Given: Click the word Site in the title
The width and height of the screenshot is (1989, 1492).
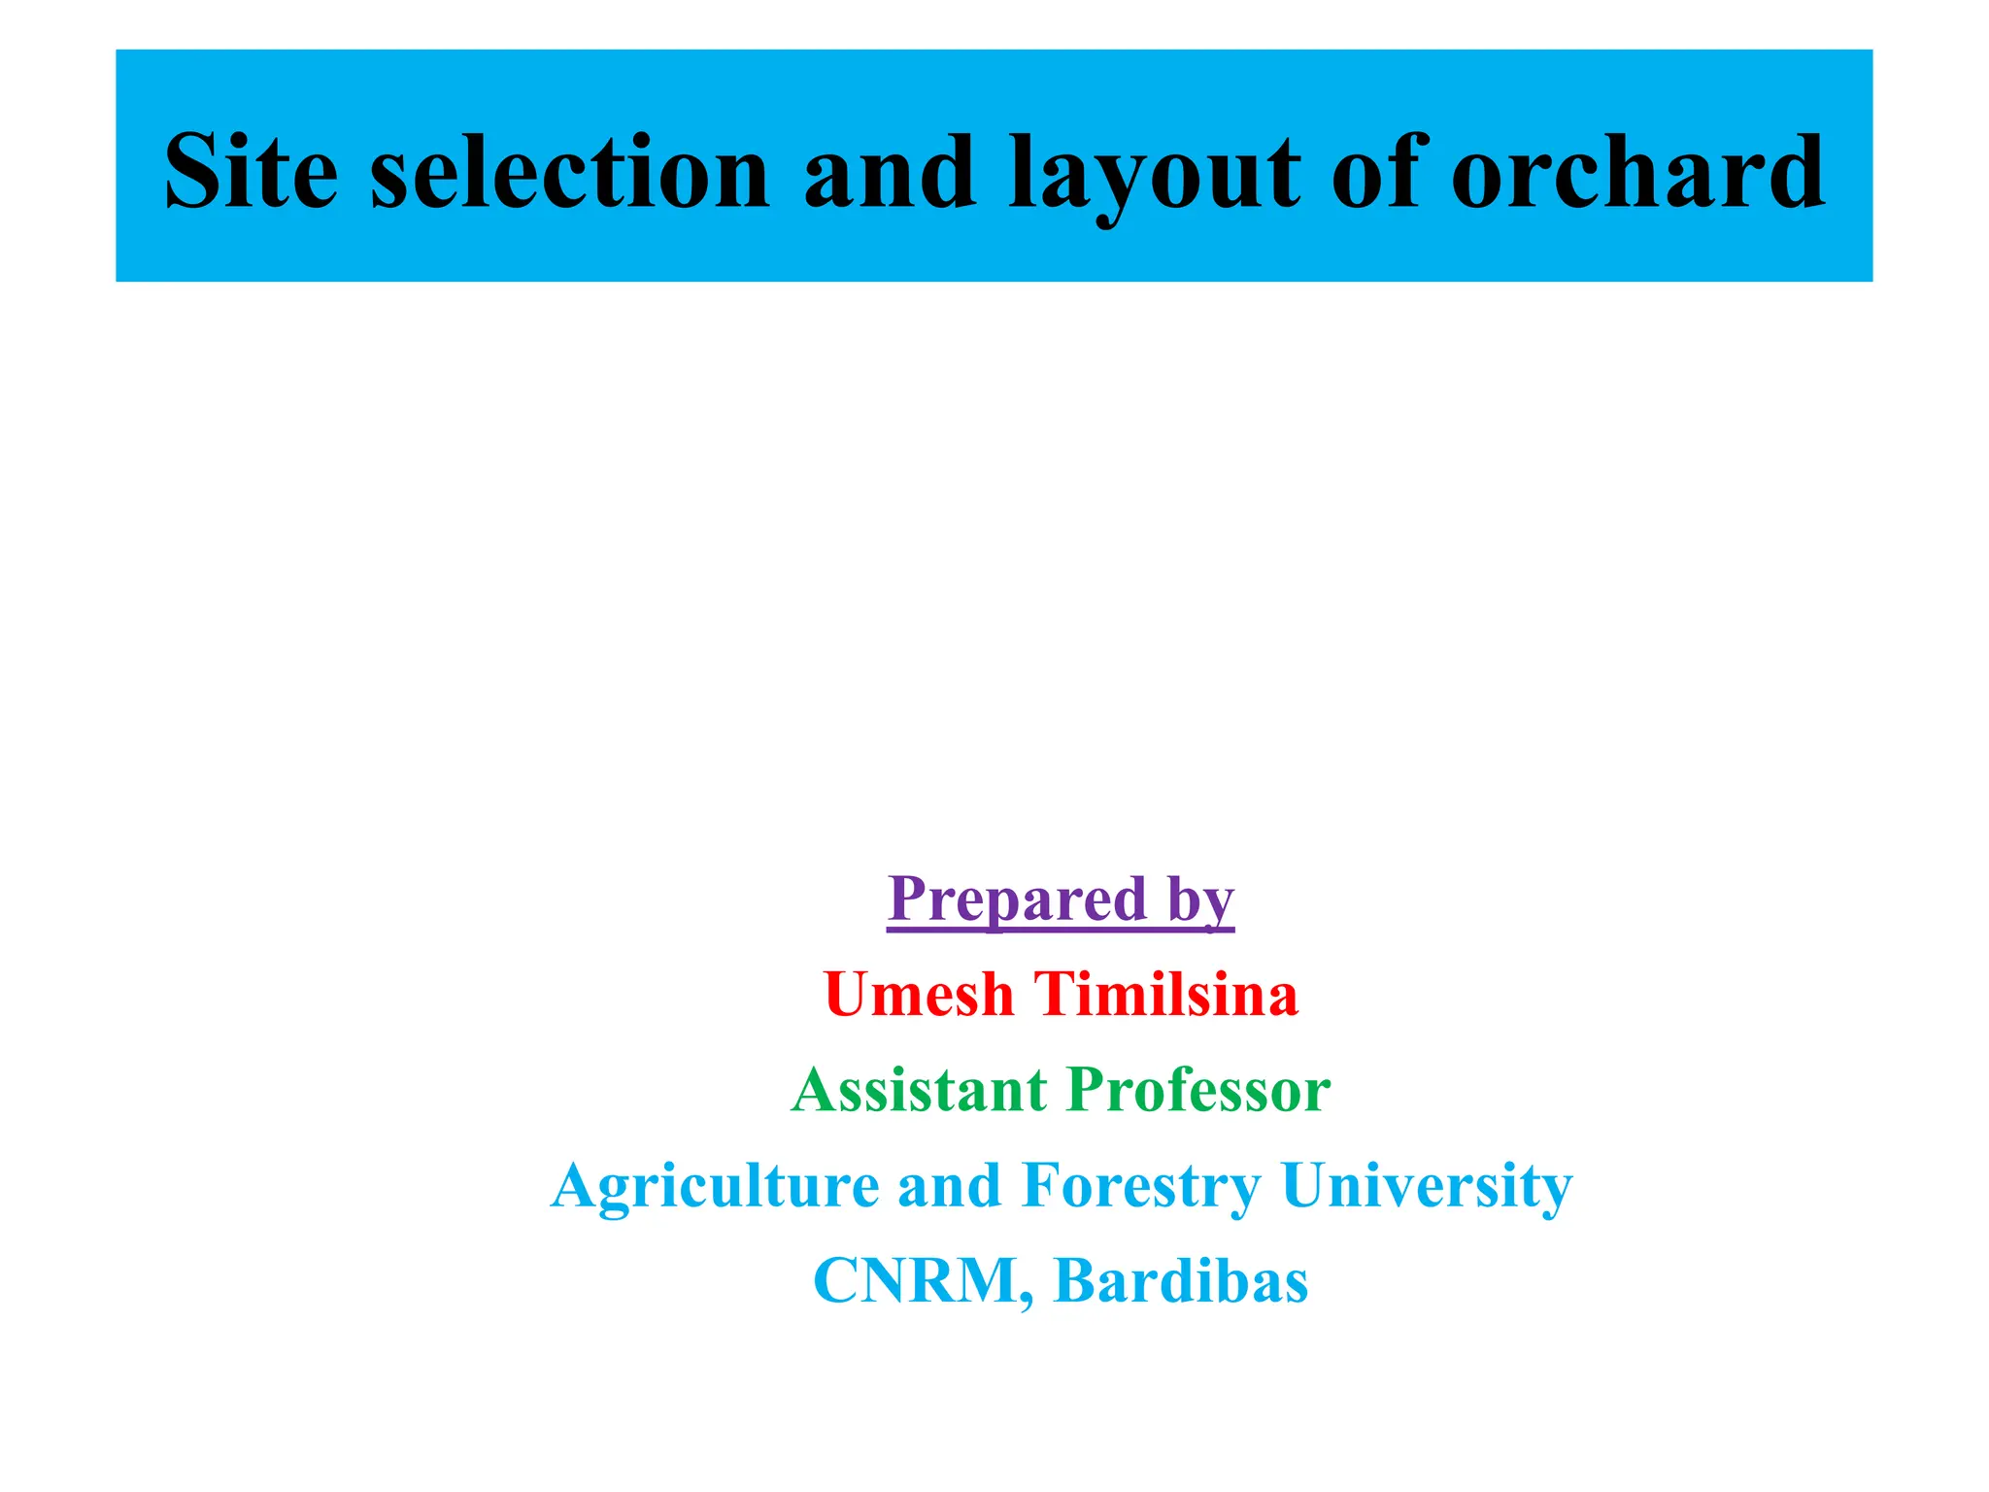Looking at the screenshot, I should click(252, 172).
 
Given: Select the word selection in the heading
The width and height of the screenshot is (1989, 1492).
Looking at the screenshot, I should click(570, 172).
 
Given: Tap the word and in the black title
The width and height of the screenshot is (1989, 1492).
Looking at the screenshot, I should click(890, 172).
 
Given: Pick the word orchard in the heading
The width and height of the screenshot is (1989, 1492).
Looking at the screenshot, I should click(1637, 172).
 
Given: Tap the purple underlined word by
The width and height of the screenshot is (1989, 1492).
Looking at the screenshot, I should click(1201, 900).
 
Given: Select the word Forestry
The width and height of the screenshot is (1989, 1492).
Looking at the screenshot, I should click(1141, 1186).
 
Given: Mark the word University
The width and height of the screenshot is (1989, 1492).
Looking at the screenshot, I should click(1426, 1186).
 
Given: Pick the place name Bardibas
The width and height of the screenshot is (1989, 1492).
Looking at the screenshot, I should click(1181, 1279).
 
